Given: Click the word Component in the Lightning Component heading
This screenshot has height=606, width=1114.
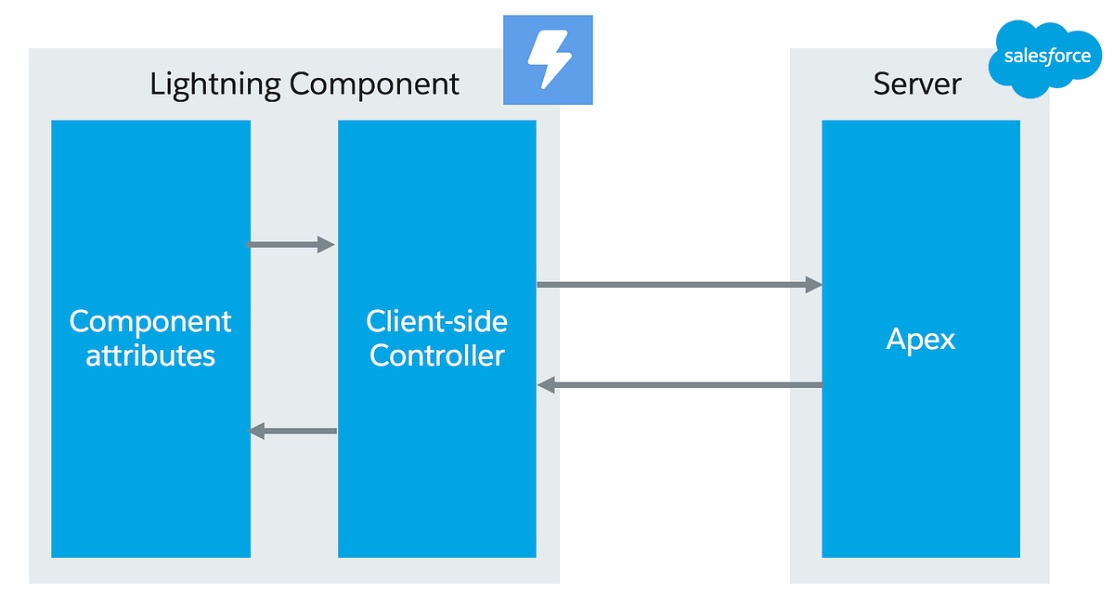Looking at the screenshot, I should [x=374, y=84].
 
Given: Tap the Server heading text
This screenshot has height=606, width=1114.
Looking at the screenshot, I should [x=917, y=84].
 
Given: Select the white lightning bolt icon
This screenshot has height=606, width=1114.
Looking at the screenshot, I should [x=548, y=59].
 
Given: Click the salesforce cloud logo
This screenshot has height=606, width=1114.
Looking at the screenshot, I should [x=1047, y=58].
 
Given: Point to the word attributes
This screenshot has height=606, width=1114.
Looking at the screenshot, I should [x=150, y=355].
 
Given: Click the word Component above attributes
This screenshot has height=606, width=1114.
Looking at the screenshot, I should [x=150, y=322].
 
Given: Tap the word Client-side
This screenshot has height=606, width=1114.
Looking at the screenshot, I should [x=437, y=322].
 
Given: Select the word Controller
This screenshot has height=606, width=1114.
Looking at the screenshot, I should [x=437, y=355].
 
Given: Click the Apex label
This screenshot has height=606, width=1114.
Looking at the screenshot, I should [x=920, y=339].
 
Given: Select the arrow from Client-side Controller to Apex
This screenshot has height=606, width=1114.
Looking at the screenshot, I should [x=679, y=284].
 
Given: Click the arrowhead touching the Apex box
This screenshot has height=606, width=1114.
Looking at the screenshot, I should [x=813, y=284].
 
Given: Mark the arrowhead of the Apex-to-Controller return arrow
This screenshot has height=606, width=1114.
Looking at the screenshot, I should [x=547, y=385].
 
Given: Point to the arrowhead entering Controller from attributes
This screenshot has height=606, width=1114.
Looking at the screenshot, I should [x=326, y=245].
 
